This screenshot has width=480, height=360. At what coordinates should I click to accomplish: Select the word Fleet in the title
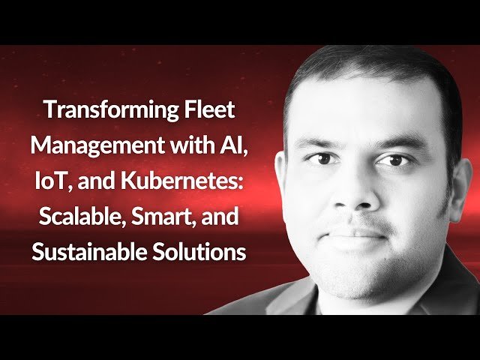209,111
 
